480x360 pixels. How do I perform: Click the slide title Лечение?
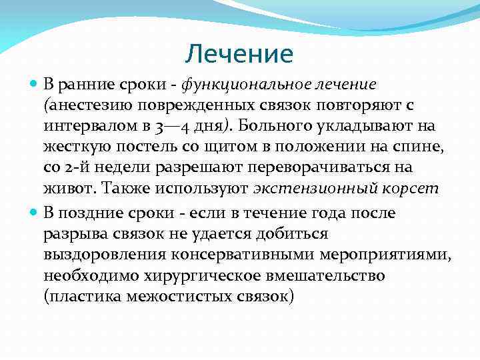click(239, 53)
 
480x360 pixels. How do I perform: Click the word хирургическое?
click(191, 277)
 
